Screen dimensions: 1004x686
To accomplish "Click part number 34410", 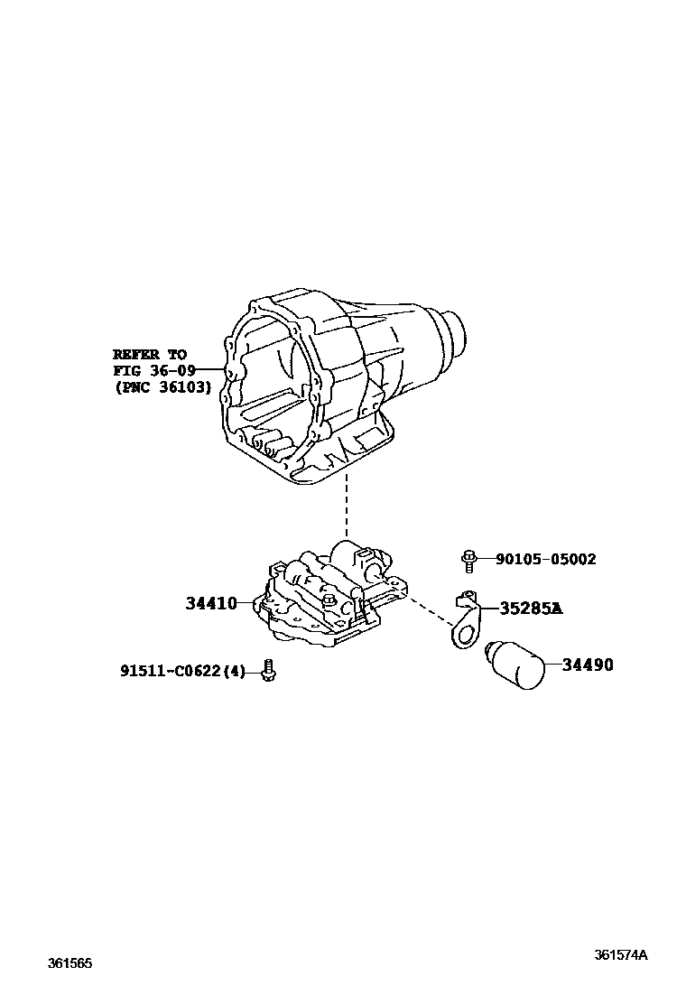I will click(x=211, y=602).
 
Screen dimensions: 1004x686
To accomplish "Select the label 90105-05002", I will click(x=545, y=560).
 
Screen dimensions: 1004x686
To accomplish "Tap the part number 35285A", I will click(x=531, y=609).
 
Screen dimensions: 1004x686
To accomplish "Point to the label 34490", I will click(x=587, y=665).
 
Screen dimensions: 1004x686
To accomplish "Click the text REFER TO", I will click(x=149, y=354).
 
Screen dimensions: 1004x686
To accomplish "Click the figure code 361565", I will click(x=70, y=963).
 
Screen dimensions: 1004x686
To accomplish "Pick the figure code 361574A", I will click(x=621, y=955).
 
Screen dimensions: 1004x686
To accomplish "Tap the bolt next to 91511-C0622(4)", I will click(x=267, y=671).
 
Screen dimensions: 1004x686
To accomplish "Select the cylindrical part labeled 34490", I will click(x=516, y=665).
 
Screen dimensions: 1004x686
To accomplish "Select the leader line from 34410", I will click(x=247, y=602).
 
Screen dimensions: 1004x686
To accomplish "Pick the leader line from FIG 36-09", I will click(x=210, y=370).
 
